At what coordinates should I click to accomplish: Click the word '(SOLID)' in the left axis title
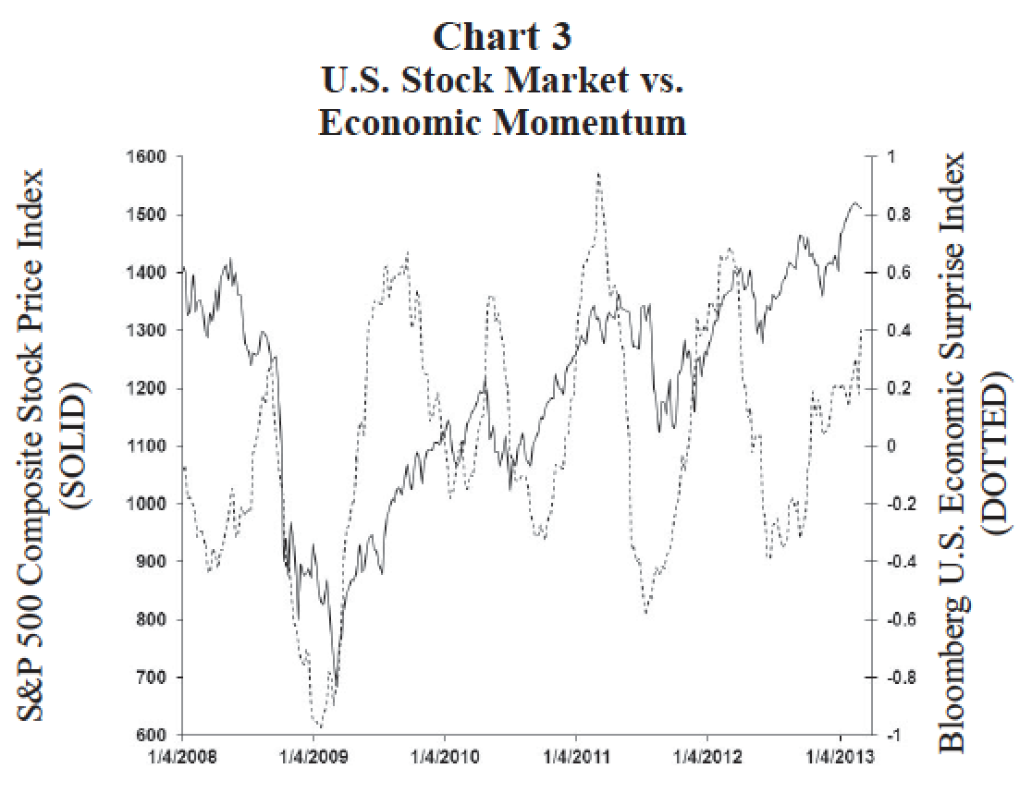[x=74, y=445]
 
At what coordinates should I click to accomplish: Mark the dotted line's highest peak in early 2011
[x=599, y=173]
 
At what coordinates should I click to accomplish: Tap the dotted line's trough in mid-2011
[x=646, y=612]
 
